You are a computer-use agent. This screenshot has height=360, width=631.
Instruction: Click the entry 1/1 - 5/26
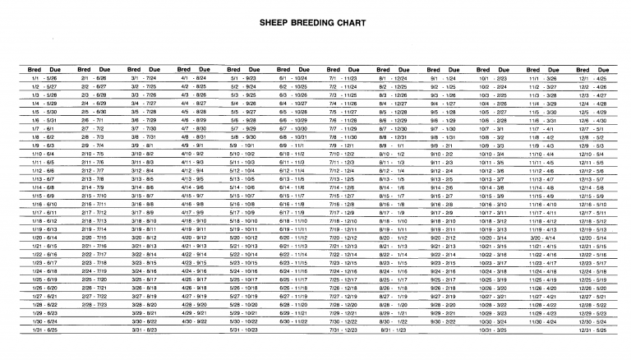tap(44, 77)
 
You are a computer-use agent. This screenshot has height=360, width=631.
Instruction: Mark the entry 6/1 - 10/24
tap(293, 77)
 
